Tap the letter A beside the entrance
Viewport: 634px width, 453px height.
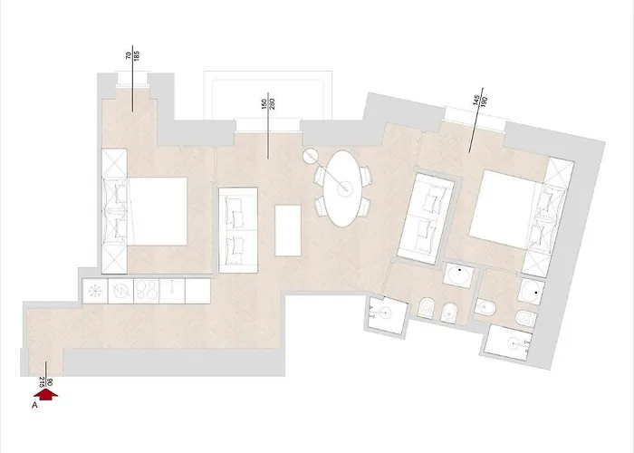[34, 407]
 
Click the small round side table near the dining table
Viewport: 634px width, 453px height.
[311, 156]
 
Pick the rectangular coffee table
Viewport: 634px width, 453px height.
[288, 230]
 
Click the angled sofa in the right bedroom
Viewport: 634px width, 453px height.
[431, 216]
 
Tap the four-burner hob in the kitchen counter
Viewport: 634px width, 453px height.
[147, 291]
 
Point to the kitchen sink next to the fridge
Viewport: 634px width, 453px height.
[121, 291]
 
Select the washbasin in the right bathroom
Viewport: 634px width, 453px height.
[533, 290]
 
